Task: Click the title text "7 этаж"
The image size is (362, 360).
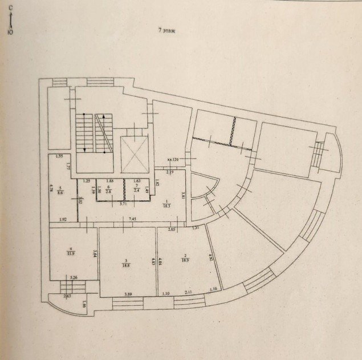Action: click(166, 31)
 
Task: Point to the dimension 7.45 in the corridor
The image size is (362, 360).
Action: click(132, 219)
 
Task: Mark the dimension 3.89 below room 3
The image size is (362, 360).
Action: click(131, 294)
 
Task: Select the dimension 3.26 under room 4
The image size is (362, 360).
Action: click(72, 278)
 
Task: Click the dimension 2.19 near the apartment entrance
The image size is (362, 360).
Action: click(170, 172)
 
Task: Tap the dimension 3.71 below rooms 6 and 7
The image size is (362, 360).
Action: click(123, 203)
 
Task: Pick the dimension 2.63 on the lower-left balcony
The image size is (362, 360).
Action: click(68, 296)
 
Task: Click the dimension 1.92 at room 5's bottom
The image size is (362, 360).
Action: click(63, 219)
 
